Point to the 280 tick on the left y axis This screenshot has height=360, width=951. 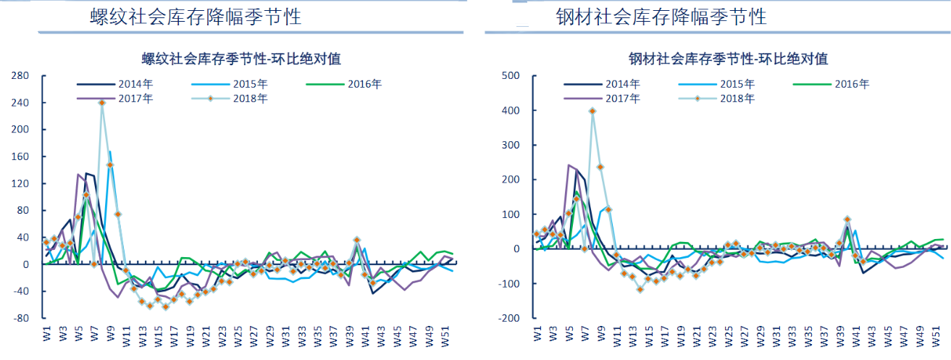pyautogui.click(x=20, y=76)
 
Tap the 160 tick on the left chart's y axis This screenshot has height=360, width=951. pyautogui.click(x=20, y=156)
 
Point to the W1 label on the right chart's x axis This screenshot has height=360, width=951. pyautogui.click(x=537, y=334)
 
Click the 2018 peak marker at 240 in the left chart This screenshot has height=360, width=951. pyautogui.click(x=102, y=103)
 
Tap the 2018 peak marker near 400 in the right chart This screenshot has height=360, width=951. pyautogui.click(x=592, y=111)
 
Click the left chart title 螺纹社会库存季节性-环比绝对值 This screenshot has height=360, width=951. pyautogui.click(x=241, y=59)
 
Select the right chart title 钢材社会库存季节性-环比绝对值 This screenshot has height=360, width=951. pyautogui.click(x=728, y=59)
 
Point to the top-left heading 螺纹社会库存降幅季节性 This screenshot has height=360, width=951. pyautogui.click(x=196, y=17)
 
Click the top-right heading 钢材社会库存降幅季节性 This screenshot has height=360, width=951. pyautogui.click(x=661, y=17)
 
